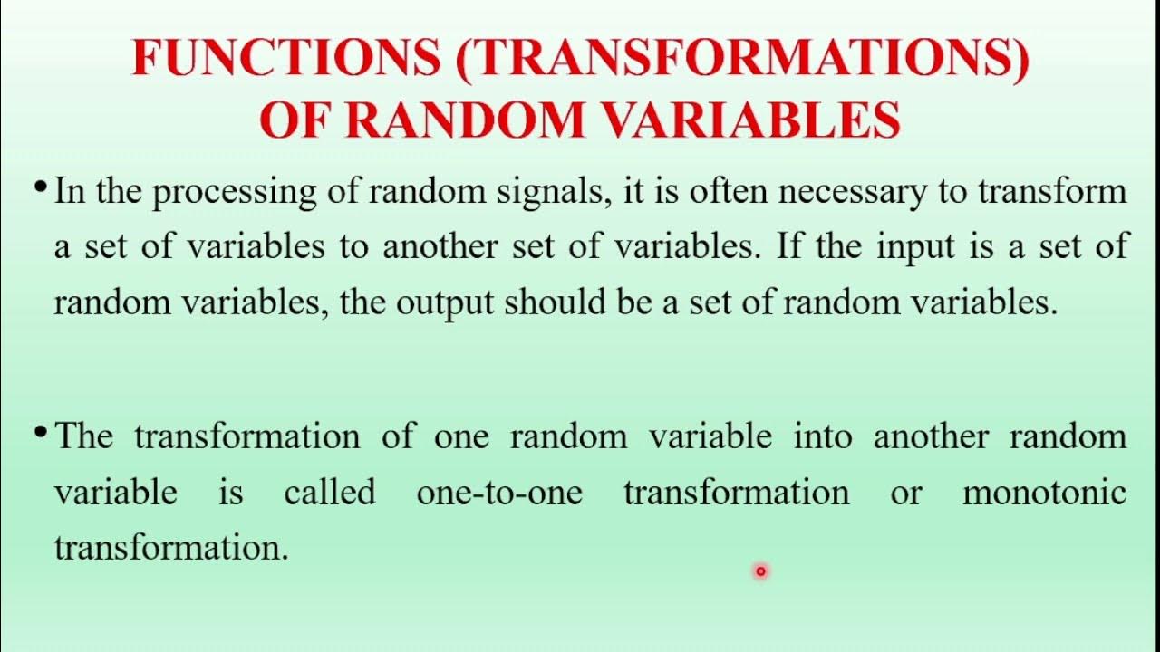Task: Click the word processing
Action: [221, 193]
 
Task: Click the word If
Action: [789, 246]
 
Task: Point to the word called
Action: [329, 493]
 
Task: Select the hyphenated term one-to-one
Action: [499, 494]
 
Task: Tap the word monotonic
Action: [1044, 493]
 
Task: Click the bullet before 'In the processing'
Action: [40, 187]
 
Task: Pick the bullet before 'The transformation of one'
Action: [40, 432]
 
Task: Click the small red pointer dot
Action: [760, 570]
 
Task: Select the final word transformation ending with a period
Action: [170, 548]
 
